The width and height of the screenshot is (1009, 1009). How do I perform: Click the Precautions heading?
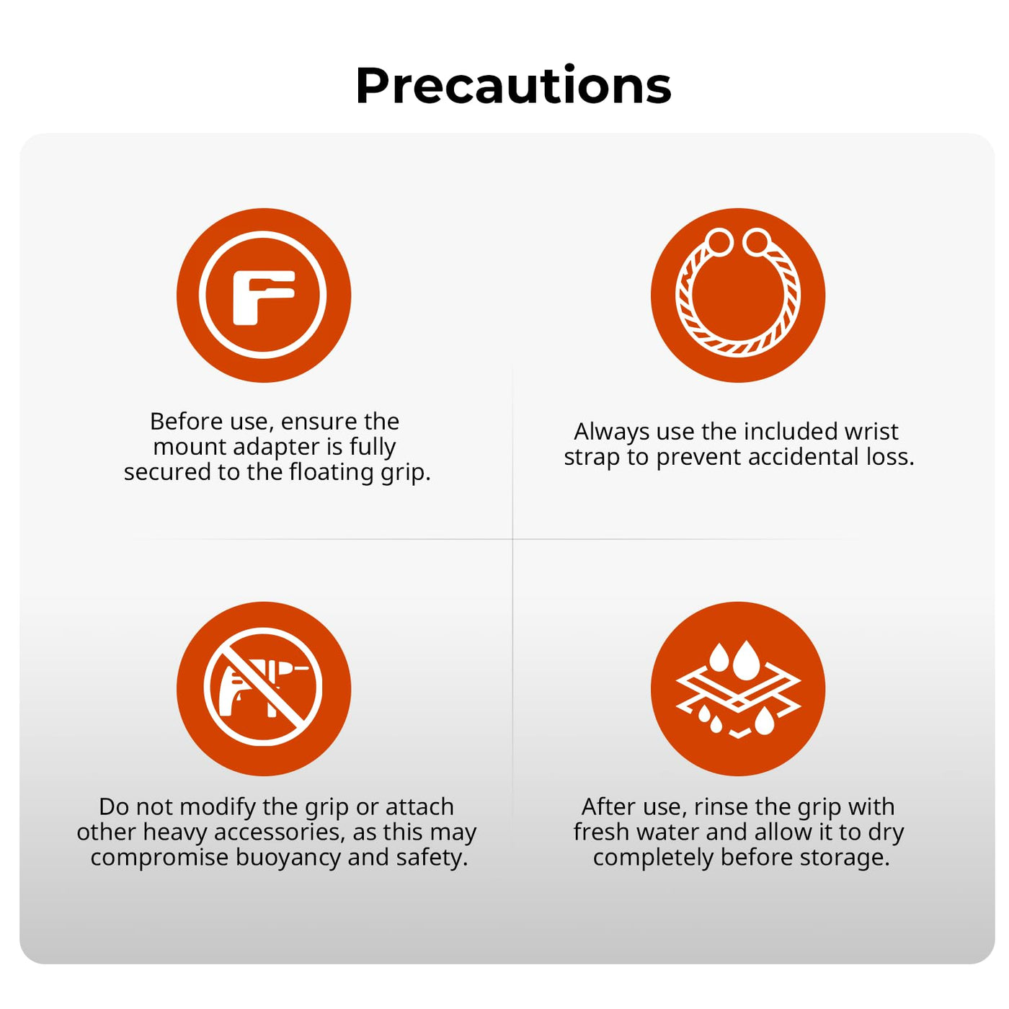tap(512, 85)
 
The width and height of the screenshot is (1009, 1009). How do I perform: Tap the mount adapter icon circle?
tap(263, 295)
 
